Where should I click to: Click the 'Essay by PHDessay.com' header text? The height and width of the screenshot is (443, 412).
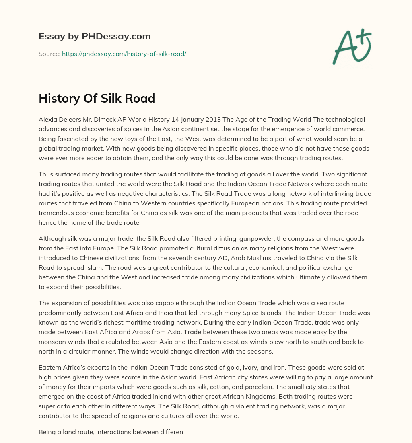[x=95, y=37]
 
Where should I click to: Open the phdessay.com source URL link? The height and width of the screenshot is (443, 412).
[x=124, y=54]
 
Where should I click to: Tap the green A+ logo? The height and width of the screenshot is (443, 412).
[x=351, y=47]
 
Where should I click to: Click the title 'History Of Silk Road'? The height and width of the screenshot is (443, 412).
[x=97, y=99]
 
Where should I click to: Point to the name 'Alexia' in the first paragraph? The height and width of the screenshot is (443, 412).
[x=48, y=120]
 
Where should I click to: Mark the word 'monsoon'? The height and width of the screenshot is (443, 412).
[x=51, y=342]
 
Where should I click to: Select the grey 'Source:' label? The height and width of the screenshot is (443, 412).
[x=49, y=54]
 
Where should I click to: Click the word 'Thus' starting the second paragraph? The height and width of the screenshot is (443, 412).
[x=46, y=174]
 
